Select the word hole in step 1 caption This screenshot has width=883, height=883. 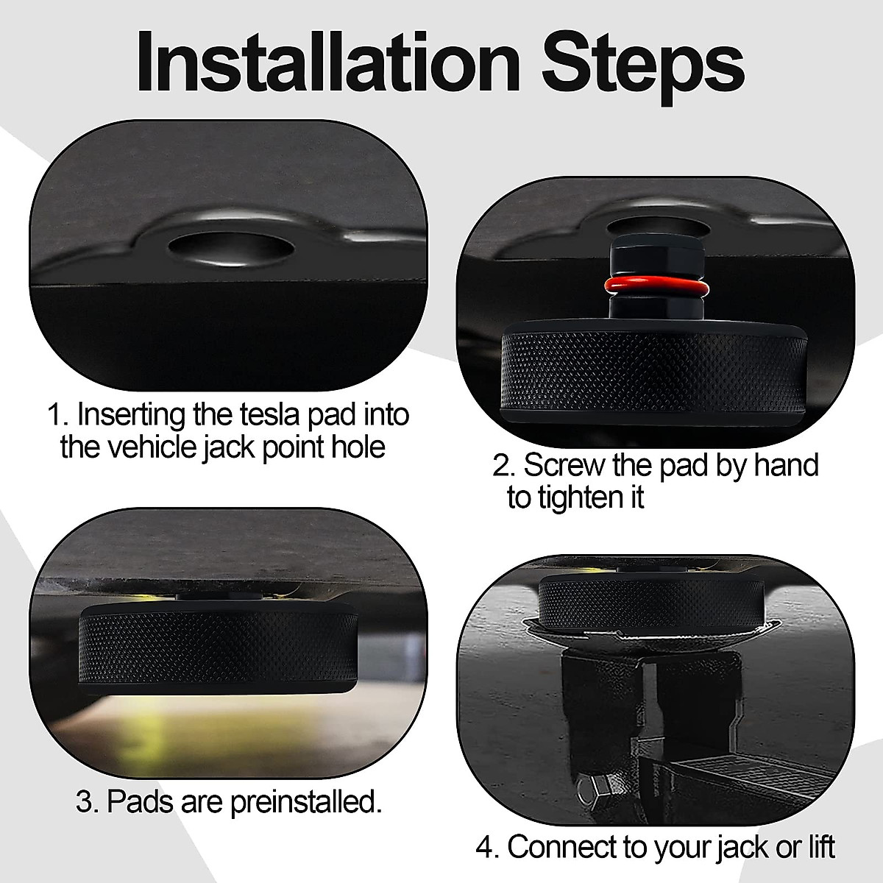click(358, 447)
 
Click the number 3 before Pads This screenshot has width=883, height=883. click(85, 802)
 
